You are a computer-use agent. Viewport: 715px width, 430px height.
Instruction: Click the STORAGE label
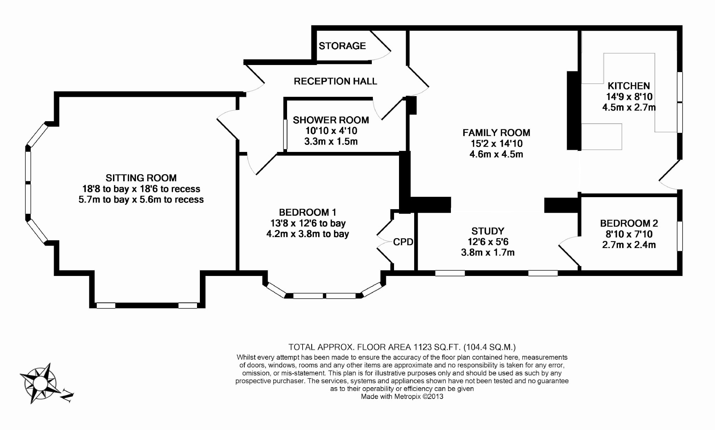click(x=342, y=46)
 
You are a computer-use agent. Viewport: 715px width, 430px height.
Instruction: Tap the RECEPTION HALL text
click(x=335, y=81)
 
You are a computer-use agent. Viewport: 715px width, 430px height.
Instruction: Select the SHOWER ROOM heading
click(x=331, y=120)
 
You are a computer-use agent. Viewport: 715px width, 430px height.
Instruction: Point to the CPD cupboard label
click(x=403, y=242)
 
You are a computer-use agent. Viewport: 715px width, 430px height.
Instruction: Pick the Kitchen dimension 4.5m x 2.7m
click(x=629, y=107)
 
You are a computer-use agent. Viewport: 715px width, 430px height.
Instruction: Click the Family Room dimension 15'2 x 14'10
click(x=496, y=143)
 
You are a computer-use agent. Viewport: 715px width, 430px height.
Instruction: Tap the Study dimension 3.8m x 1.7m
click(x=488, y=253)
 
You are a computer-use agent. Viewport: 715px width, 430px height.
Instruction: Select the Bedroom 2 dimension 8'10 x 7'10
click(x=629, y=234)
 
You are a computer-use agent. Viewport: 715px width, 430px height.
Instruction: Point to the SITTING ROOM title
click(x=141, y=178)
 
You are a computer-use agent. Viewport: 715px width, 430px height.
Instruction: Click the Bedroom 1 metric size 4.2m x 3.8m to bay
click(x=308, y=234)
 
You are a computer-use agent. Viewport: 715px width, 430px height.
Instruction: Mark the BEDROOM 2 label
click(x=629, y=223)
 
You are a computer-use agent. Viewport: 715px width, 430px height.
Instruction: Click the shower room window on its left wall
click(x=285, y=134)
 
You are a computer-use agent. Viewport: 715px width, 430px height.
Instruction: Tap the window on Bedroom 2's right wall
click(x=680, y=236)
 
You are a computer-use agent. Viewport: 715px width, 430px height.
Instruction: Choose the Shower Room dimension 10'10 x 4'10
click(x=331, y=131)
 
